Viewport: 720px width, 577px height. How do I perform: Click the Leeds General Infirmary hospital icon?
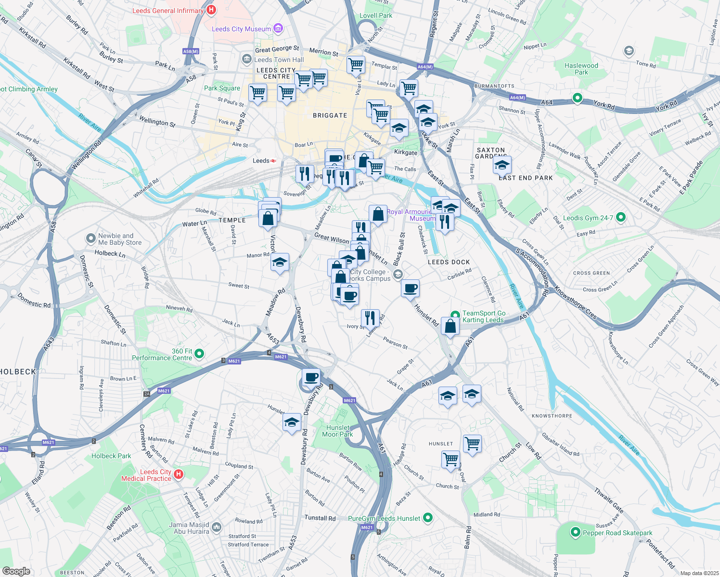(x=211, y=10)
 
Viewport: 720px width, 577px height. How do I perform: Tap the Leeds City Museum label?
(x=241, y=29)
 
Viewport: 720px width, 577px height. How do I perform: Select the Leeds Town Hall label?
(x=279, y=60)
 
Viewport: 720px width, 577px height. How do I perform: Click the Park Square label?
(x=222, y=88)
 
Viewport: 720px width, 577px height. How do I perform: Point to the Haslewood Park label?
(x=581, y=69)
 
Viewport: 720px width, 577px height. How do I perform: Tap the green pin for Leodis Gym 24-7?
(x=621, y=217)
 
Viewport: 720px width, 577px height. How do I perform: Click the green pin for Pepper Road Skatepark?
(x=575, y=532)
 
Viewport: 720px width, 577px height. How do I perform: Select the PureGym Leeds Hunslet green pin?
(x=427, y=518)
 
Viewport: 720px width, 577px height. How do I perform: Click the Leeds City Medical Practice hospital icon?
(x=178, y=475)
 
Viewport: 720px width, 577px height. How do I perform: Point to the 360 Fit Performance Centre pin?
(x=199, y=354)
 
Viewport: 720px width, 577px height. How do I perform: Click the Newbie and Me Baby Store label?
(x=120, y=239)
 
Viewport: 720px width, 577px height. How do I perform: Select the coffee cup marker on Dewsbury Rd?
(x=311, y=377)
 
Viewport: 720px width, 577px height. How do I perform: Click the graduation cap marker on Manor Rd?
(x=280, y=262)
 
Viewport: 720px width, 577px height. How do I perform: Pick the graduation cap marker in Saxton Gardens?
(x=502, y=165)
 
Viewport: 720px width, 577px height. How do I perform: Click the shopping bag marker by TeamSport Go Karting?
(x=450, y=326)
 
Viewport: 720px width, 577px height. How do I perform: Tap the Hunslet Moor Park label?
(x=337, y=431)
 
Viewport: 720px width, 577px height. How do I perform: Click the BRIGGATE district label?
(x=330, y=115)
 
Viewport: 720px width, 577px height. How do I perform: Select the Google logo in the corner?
(x=16, y=571)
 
